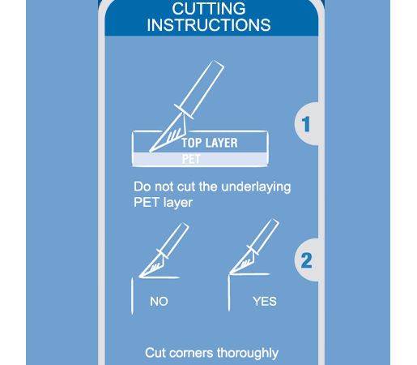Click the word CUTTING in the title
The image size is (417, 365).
[209, 8]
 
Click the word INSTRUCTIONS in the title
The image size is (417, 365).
[209, 25]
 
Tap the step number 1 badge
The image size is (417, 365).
[306, 124]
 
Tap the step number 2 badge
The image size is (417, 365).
[306, 260]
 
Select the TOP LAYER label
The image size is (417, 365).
[210, 143]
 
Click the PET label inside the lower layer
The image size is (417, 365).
[191, 159]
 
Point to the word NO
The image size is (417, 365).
[159, 302]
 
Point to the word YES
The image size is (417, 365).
[265, 302]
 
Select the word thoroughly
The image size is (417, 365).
[248, 353]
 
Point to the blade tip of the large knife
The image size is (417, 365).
[150, 152]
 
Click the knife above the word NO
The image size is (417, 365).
[164, 250]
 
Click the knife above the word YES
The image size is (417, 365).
[254, 247]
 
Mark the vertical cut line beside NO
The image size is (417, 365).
[132, 296]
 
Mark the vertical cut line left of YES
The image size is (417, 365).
[229, 293]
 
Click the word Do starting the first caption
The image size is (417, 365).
[143, 187]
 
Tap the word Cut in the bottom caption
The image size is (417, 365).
[155, 353]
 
